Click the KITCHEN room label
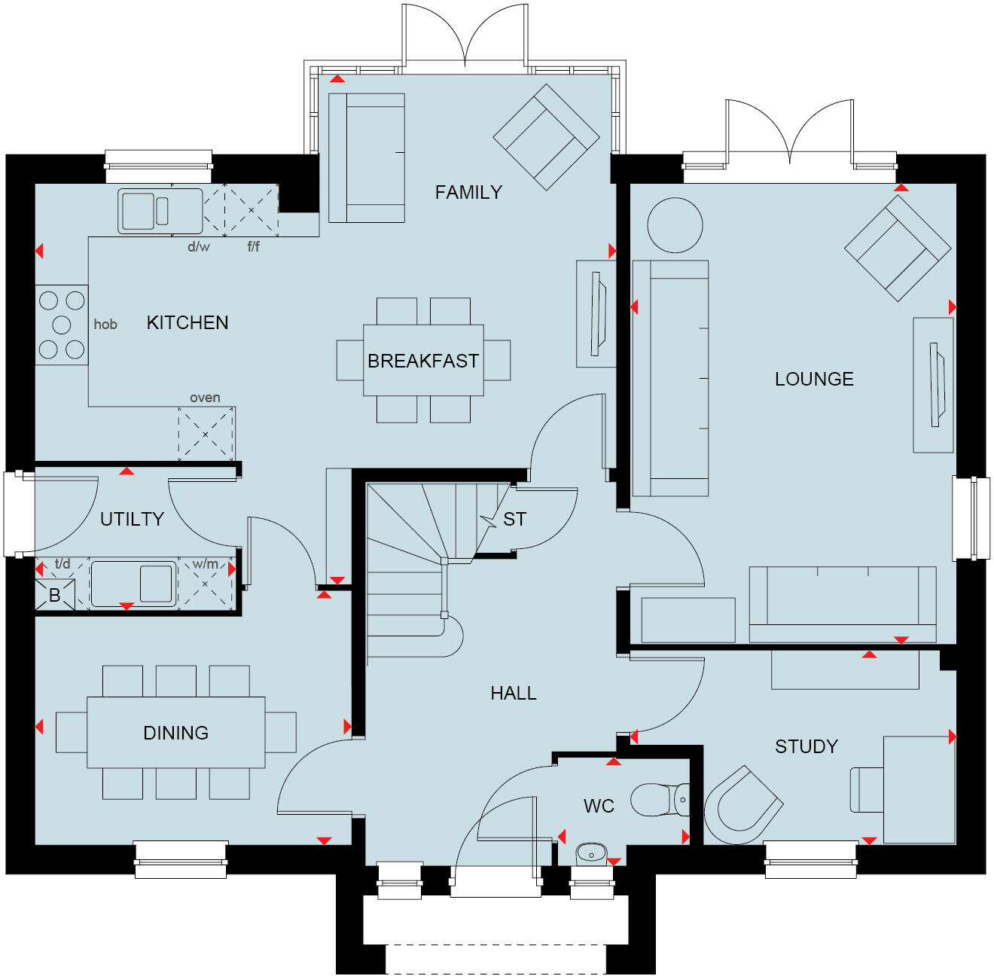[x=188, y=323]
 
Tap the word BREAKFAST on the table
[x=422, y=361]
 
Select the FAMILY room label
[x=468, y=193]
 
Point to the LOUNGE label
[x=814, y=379]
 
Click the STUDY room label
[x=806, y=746]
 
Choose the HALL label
[x=514, y=694]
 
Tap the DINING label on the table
[x=176, y=733]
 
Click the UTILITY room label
[x=132, y=519]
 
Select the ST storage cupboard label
[x=515, y=520]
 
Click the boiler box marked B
[x=55, y=595]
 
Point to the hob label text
[x=105, y=325]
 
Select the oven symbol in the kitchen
[x=206, y=434]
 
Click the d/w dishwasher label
[x=199, y=247]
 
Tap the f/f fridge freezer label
[x=254, y=247]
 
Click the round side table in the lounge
[x=675, y=225]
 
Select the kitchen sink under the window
[x=160, y=211]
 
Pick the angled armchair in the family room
[x=546, y=137]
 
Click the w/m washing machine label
[x=205, y=564]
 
